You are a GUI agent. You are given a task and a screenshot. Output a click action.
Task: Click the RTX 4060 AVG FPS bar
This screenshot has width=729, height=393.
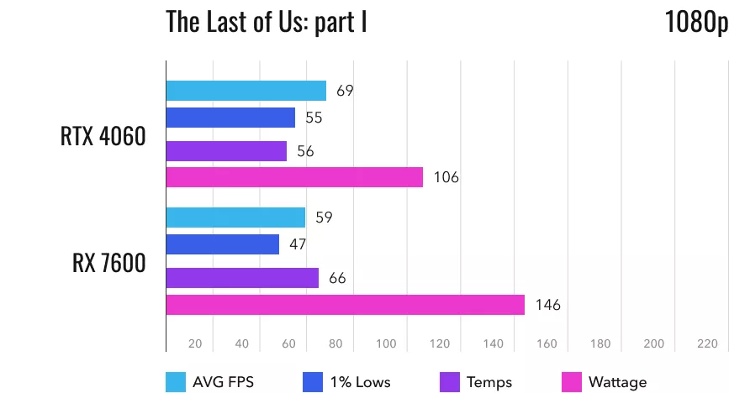tap(246, 91)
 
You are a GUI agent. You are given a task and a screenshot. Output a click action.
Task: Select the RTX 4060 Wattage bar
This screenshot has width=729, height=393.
tap(294, 177)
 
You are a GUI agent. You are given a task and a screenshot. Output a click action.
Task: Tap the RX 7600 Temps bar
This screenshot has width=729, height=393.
tap(242, 278)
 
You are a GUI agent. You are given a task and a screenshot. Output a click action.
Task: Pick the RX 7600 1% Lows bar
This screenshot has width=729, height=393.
tap(223, 244)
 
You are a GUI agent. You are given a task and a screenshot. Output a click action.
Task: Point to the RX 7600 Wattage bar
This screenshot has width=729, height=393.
tap(345, 305)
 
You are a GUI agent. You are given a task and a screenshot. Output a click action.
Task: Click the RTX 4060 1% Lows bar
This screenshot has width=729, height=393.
tap(230, 118)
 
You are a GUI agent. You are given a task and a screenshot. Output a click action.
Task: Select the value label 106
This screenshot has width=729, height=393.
tap(446, 177)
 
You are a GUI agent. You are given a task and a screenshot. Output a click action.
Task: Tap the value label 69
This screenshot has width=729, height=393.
tap(344, 91)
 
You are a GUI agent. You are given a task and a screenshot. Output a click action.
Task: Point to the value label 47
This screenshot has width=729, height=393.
tap(297, 244)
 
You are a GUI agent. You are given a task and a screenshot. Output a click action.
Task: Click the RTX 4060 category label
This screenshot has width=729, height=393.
tap(103, 137)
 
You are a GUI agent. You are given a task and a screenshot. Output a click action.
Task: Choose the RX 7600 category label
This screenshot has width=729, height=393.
tap(109, 264)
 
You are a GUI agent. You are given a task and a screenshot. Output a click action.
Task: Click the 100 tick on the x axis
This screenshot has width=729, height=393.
tap(386, 343)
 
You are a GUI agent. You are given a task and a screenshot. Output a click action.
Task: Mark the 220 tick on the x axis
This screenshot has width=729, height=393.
tap(706, 343)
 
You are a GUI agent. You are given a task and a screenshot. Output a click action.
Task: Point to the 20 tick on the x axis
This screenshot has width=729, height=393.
tap(195, 343)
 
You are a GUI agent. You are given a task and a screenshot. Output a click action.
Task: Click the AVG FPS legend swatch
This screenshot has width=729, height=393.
tap(177, 382)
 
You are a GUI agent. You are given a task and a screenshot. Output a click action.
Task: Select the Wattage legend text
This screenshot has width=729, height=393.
tap(617, 382)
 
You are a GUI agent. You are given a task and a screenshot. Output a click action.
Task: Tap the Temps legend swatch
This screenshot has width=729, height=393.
tap(449, 382)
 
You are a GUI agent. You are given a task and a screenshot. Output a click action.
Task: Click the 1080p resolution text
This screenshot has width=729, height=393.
tap(695, 22)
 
